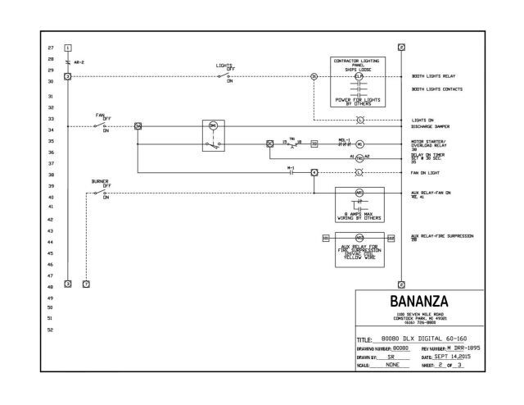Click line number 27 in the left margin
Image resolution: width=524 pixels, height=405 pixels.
click(x=51, y=48)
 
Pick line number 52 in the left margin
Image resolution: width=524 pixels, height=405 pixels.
click(x=51, y=330)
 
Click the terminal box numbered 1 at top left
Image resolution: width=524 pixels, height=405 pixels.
click(x=68, y=48)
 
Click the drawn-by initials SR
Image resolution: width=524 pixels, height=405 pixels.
click(x=392, y=358)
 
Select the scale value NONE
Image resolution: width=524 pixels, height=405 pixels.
click(x=392, y=367)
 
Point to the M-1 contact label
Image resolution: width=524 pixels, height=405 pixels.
click(x=290, y=167)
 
